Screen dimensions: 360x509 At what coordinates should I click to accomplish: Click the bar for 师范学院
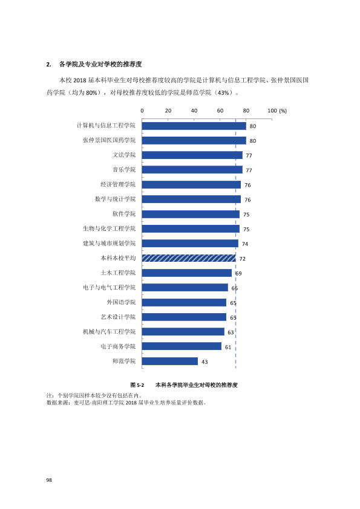169,361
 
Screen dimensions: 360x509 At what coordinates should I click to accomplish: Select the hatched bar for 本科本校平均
189,258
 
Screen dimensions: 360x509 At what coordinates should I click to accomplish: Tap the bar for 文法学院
192,155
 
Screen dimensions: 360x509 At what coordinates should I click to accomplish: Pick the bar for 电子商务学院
182,346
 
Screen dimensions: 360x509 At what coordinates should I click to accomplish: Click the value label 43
205,361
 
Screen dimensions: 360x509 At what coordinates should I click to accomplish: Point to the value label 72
243,259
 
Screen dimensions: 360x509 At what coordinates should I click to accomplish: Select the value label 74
245,244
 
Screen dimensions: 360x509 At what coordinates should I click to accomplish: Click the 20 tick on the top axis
168,111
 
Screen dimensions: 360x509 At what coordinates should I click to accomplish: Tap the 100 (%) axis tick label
277,111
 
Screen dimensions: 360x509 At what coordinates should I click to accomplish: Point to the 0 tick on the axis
142,111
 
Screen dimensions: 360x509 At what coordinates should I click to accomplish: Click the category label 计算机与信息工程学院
106,126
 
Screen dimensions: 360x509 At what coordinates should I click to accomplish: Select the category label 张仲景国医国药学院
109,140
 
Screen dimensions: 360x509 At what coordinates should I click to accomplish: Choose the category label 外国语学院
121,302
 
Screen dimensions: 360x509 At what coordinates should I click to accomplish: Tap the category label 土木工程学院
118,273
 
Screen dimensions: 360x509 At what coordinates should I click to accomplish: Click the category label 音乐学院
124,169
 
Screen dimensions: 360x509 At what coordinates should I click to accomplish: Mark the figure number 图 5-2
137,385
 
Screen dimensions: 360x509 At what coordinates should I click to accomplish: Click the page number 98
49,480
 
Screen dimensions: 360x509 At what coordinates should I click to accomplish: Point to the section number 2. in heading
49,64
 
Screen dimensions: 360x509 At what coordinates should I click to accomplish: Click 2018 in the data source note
131,403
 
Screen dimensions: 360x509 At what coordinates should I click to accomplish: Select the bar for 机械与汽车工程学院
183,331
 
